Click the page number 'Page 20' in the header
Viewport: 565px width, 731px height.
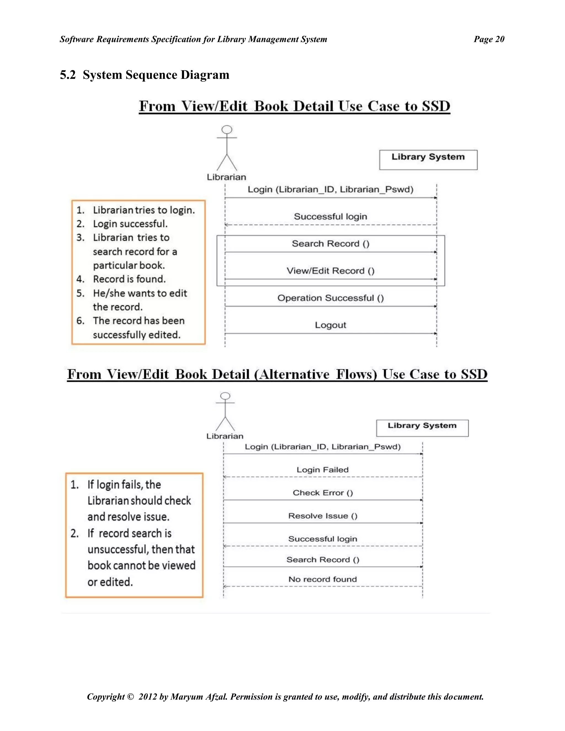489,39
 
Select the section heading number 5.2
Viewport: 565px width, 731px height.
68,75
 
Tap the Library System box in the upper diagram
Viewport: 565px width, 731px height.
428,160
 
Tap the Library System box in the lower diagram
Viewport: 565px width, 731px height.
422,428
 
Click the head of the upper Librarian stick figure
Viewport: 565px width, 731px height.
227,130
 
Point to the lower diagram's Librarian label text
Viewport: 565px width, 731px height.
225,436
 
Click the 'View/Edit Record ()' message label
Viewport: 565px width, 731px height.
330,271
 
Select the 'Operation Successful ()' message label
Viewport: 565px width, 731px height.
330,298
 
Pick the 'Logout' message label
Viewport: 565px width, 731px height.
330,325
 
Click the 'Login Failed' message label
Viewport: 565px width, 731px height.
322,469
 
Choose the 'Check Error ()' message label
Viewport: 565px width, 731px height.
323,493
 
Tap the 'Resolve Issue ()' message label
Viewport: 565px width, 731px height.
323,516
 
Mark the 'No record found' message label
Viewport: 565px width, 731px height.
323,579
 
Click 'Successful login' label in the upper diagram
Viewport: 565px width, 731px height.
330,217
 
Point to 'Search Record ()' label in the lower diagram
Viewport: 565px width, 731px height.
323,560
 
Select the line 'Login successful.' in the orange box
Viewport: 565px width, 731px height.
130,224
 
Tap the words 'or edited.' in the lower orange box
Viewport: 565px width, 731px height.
110,582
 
